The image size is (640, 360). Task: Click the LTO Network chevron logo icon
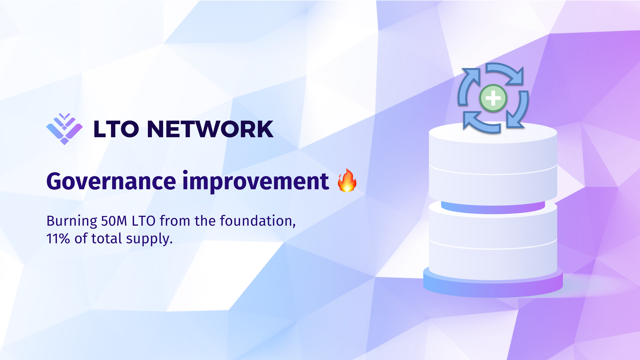64,129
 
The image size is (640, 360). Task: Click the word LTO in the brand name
116,129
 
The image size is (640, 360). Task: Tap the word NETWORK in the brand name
210,129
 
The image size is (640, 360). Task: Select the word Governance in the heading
111,181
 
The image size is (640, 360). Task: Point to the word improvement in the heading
256,181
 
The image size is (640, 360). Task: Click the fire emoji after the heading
347,180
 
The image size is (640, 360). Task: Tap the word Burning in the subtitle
72,221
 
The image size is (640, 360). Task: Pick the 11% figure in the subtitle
58,239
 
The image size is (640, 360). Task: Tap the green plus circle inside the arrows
493,98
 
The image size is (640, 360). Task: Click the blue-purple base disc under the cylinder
493,286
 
